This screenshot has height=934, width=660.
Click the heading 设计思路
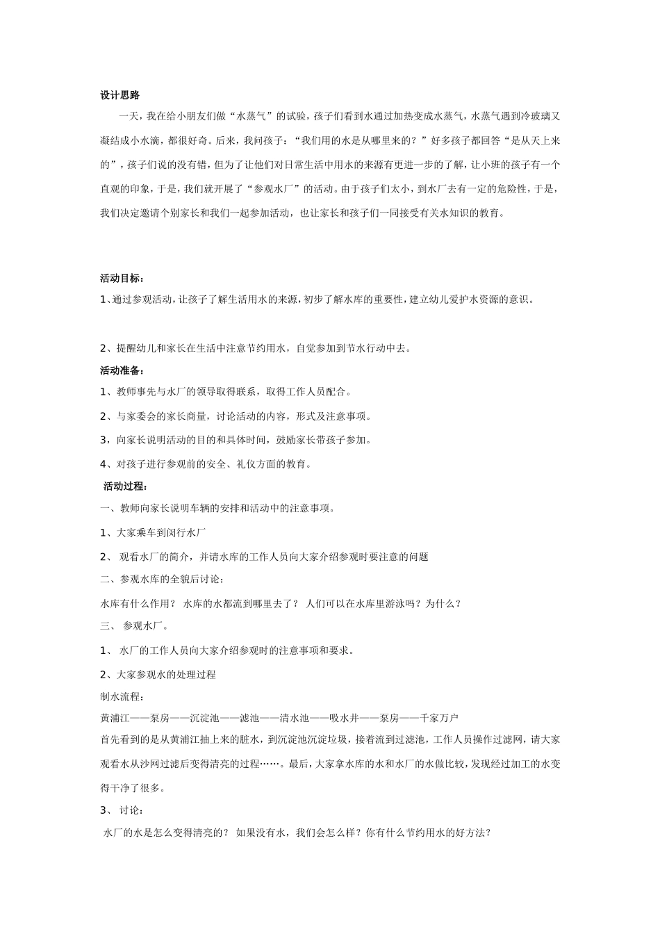click(x=120, y=95)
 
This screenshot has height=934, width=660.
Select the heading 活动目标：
click(x=122, y=279)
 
